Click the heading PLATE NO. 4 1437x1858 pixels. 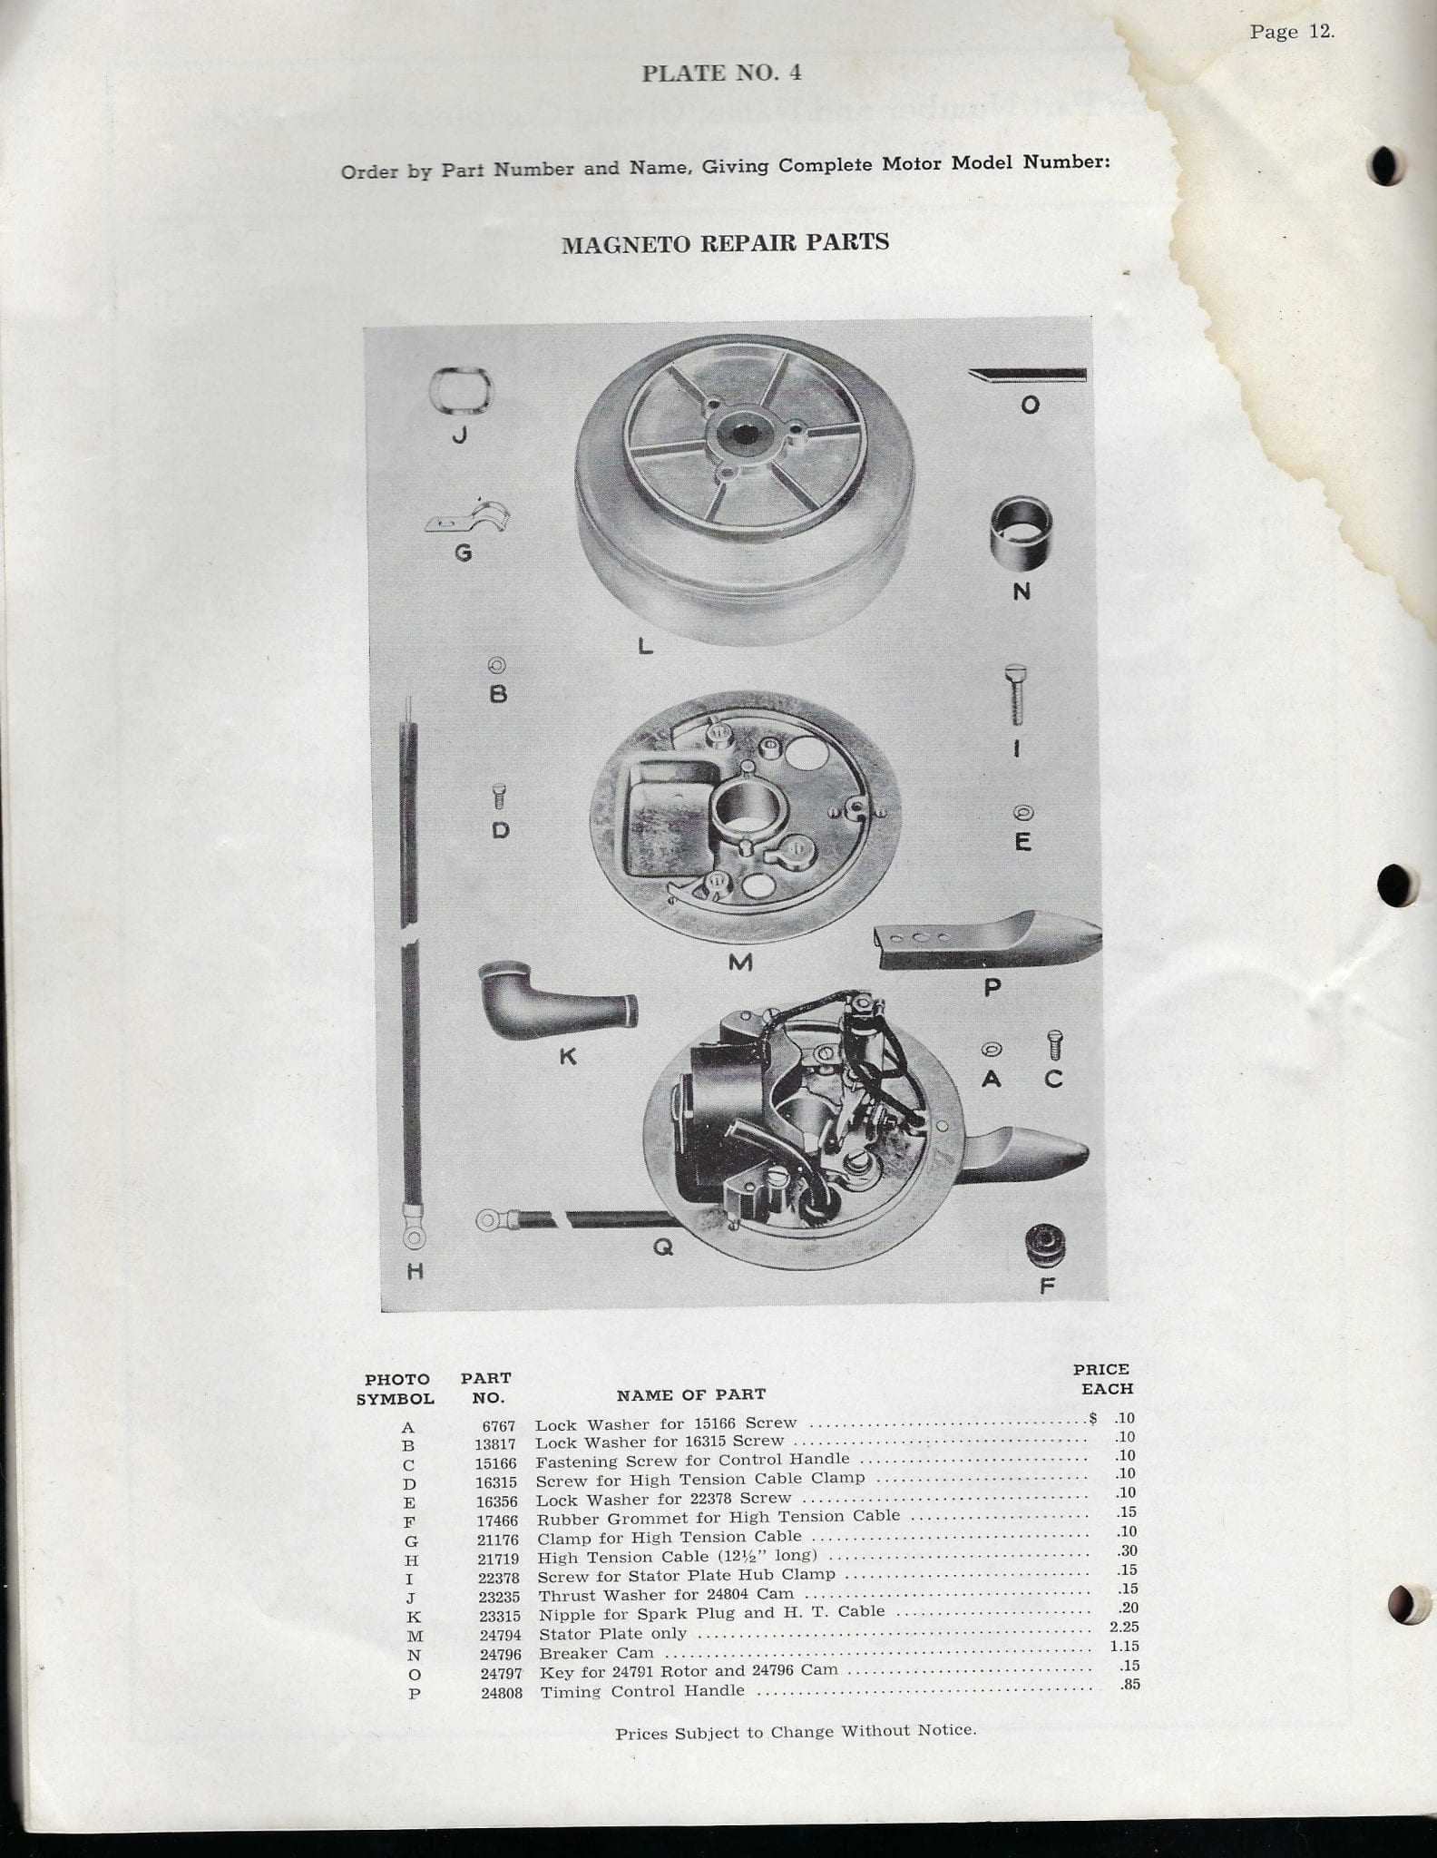(x=721, y=73)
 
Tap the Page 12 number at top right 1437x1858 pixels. (x=1292, y=32)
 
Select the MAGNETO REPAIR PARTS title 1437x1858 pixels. (x=725, y=243)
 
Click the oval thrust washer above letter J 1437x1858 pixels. (x=460, y=392)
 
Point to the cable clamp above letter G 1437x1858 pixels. (x=467, y=517)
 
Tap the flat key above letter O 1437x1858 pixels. (x=1027, y=375)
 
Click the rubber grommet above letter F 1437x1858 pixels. (x=1044, y=1247)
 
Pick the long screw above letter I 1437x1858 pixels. (x=1016, y=694)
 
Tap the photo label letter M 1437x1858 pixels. (x=740, y=962)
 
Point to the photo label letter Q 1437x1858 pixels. (x=663, y=1248)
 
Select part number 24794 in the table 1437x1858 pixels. (x=500, y=1636)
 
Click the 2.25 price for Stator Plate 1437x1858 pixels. (x=1124, y=1627)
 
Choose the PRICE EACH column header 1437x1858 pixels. (x=1102, y=1379)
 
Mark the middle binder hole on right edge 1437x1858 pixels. (x=1396, y=885)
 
